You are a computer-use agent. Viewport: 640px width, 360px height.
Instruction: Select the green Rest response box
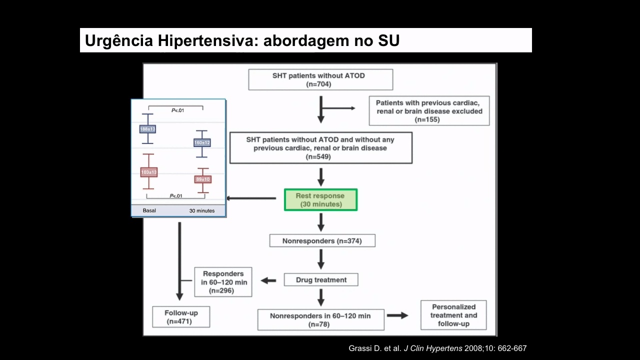click(320, 199)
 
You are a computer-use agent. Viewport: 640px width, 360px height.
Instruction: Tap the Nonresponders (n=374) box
click(322, 241)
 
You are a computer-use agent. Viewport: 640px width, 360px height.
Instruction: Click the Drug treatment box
click(321, 279)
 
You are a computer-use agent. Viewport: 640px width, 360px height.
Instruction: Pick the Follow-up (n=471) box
click(181, 317)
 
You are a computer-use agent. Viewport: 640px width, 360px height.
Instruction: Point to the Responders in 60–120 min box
click(223, 282)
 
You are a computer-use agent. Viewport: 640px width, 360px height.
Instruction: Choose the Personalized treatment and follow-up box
click(453, 315)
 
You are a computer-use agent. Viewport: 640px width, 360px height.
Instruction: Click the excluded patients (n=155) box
click(429, 111)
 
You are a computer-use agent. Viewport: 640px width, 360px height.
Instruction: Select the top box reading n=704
click(320, 79)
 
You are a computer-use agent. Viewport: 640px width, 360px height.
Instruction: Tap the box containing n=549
click(321, 147)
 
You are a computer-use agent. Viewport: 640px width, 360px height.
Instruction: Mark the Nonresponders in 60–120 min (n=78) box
click(321, 319)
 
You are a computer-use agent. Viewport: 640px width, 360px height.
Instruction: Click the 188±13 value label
click(147, 129)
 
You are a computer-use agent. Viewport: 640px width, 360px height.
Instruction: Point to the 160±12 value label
click(202, 142)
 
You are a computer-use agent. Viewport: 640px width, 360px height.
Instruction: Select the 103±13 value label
click(149, 172)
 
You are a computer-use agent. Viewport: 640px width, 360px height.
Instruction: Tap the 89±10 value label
click(203, 179)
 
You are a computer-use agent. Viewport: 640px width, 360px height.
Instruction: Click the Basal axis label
click(149, 210)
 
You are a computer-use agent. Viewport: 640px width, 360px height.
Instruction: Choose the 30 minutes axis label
click(201, 211)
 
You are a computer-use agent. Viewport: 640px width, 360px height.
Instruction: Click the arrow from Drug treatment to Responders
click(268, 280)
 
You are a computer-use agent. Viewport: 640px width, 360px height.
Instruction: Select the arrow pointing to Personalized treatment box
click(397, 315)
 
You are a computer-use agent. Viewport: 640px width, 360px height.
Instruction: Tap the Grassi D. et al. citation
click(437, 348)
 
